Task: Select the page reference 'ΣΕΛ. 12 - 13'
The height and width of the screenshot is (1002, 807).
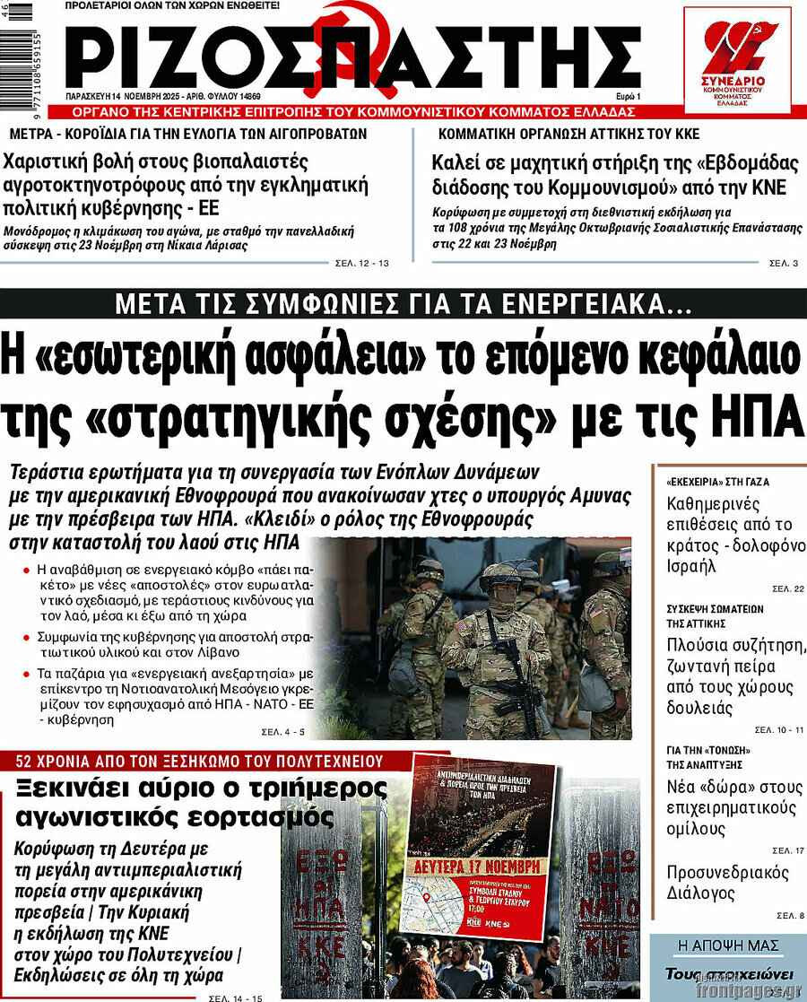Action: [x=361, y=263]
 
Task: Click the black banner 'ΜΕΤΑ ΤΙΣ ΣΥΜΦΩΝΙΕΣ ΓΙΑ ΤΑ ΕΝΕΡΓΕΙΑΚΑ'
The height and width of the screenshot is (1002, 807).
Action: [x=403, y=305]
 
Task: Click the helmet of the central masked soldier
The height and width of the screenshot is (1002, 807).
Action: [x=499, y=573]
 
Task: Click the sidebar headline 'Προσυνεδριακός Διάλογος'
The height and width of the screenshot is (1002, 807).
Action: [x=727, y=883]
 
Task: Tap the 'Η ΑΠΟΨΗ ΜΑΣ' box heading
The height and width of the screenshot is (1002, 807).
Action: [x=728, y=945]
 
